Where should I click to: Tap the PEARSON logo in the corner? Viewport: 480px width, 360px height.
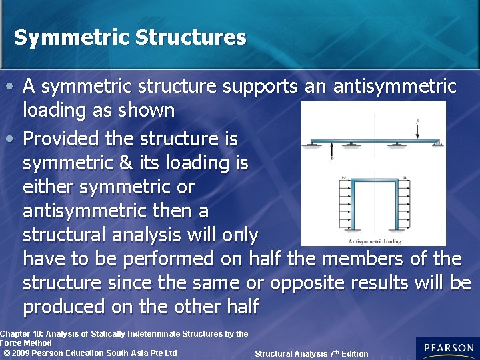(448, 348)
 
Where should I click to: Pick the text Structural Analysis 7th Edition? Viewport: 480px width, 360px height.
(311, 353)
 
